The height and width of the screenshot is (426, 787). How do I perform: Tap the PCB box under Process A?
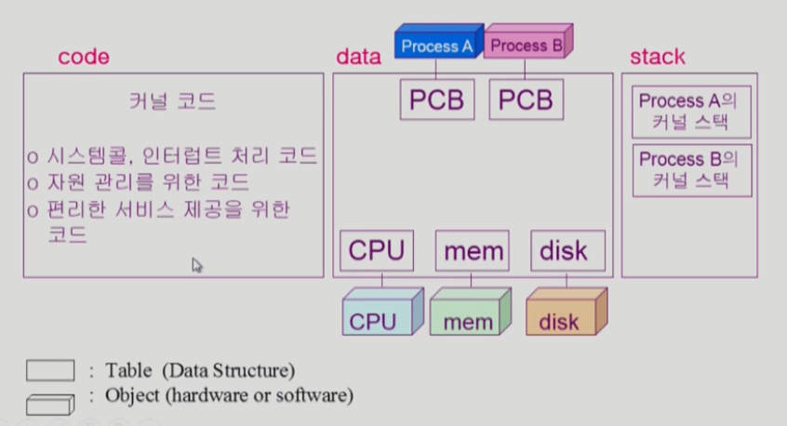coord(437,99)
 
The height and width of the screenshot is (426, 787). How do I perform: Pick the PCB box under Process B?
coord(526,99)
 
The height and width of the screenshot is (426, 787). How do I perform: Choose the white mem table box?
coord(473,250)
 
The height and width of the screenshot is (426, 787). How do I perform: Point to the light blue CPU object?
coord(380,313)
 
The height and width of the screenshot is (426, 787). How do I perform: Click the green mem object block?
coord(469,313)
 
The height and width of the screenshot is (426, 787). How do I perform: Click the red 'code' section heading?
coord(83,57)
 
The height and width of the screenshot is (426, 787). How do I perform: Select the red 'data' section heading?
coord(358,57)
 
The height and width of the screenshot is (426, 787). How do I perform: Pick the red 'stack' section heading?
coord(657,56)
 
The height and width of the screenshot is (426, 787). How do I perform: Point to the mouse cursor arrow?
coord(196,265)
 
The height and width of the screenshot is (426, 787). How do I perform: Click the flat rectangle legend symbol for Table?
coord(50,370)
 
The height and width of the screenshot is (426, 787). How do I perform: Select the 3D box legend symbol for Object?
coord(50,403)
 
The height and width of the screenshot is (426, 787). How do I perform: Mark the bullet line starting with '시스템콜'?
coord(173,154)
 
